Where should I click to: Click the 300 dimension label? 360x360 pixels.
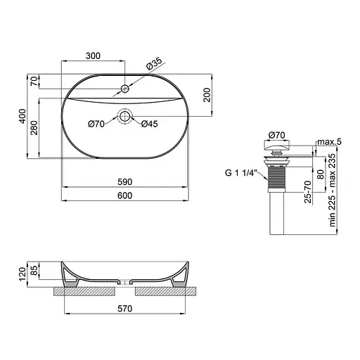coord(93,56)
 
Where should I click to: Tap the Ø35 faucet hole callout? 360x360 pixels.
coord(154,63)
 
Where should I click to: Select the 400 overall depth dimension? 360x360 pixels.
coord(22,116)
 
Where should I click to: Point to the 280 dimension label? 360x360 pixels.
coord(34,127)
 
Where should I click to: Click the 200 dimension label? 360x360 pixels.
coord(207,95)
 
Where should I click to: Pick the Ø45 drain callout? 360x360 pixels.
coord(150,124)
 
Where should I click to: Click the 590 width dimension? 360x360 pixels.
coord(125,181)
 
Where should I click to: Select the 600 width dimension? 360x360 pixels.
coord(125,195)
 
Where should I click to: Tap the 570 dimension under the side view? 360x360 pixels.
coord(125,309)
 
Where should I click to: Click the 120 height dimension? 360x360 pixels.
coord(22,274)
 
